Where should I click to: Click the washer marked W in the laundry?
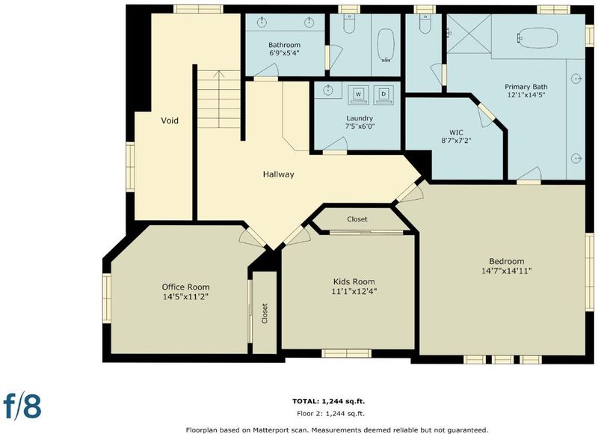pos(358,95)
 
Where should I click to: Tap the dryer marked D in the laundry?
pos(383,95)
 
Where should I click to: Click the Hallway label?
pos(278,174)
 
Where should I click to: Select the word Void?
pos(170,120)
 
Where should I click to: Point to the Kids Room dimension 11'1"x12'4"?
pos(354,292)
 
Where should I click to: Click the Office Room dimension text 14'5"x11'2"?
pos(185,296)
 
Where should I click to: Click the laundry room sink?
pos(328,90)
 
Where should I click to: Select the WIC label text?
pos(456,132)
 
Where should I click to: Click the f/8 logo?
pos(22,406)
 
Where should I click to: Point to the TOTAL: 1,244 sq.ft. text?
pos(328,401)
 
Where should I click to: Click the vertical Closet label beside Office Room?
pos(265,314)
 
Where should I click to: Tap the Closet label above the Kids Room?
pos(357,219)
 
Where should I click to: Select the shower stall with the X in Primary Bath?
pos(469,34)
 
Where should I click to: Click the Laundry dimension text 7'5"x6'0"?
pos(360,126)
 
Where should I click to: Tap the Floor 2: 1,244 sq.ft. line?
pos(330,413)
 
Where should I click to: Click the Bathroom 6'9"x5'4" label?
pos(284,49)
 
